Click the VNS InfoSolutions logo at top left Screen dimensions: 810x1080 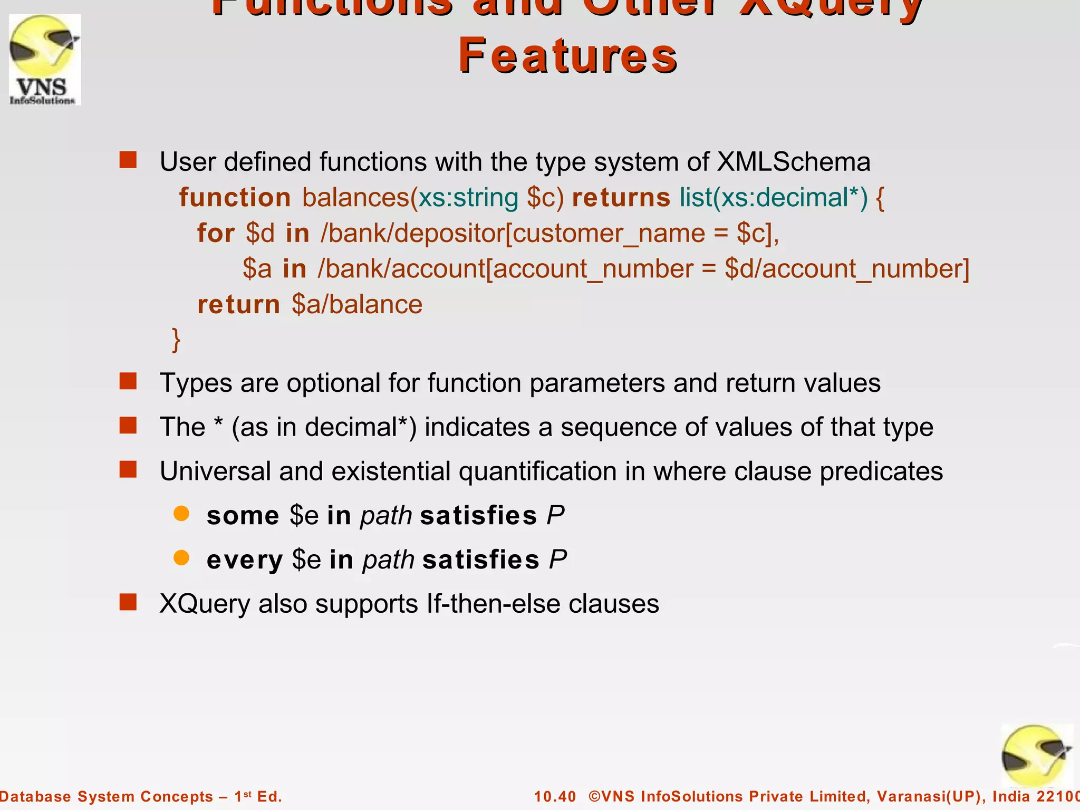pos(45,60)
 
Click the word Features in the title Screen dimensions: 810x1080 pos(568,56)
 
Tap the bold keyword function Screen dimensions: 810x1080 pos(235,198)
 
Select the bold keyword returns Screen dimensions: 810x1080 pos(621,198)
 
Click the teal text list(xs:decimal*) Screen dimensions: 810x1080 pos(773,198)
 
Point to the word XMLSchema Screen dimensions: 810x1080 pos(793,161)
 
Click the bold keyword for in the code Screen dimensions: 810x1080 pos(216,233)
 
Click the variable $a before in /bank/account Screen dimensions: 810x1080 pos(257,269)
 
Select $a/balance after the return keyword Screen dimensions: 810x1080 pos(357,305)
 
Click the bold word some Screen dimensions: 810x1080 pos(243,516)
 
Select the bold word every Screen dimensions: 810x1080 pos(245,560)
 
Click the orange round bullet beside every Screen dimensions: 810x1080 pos(181,558)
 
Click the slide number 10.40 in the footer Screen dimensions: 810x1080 pos(555,796)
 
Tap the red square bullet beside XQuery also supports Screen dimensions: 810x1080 pos(128,602)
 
